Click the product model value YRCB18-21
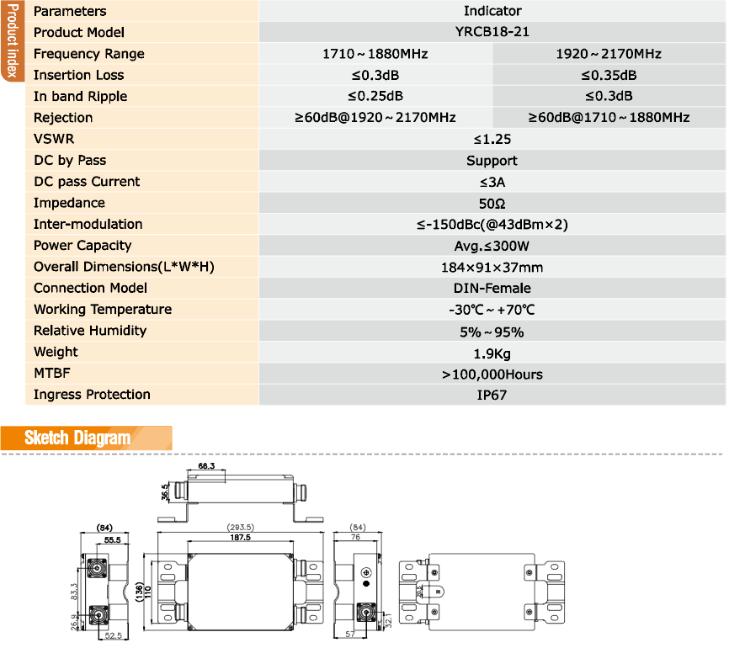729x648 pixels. pyautogui.click(x=492, y=32)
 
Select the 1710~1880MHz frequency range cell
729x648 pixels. pyautogui.click(x=375, y=54)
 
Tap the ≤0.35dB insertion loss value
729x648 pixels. pyautogui.click(x=609, y=75)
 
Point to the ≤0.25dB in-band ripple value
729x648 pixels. pyautogui.click(x=375, y=96)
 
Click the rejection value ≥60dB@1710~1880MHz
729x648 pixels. pyautogui.click(x=609, y=118)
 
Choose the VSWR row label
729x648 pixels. pyautogui.click(x=54, y=139)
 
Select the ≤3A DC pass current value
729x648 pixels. pyautogui.click(x=492, y=182)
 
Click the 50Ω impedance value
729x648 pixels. pyautogui.click(x=492, y=203)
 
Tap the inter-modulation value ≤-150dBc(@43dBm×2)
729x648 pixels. pyautogui.click(x=492, y=225)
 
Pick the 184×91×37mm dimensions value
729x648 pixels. pyautogui.click(x=492, y=268)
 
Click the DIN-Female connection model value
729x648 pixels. pyautogui.click(x=492, y=289)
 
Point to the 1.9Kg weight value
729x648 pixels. pyautogui.click(x=492, y=353)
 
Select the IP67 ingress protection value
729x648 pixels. pyautogui.click(x=492, y=395)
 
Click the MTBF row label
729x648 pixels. pyautogui.click(x=52, y=374)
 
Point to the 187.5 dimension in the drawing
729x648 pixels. pyautogui.click(x=241, y=537)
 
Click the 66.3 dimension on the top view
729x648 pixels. pyautogui.click(x=207, y=465)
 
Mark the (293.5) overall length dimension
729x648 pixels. pyautogui.click(x=241, y=528)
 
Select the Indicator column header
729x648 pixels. pyautogui.click(x=492, y=11)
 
